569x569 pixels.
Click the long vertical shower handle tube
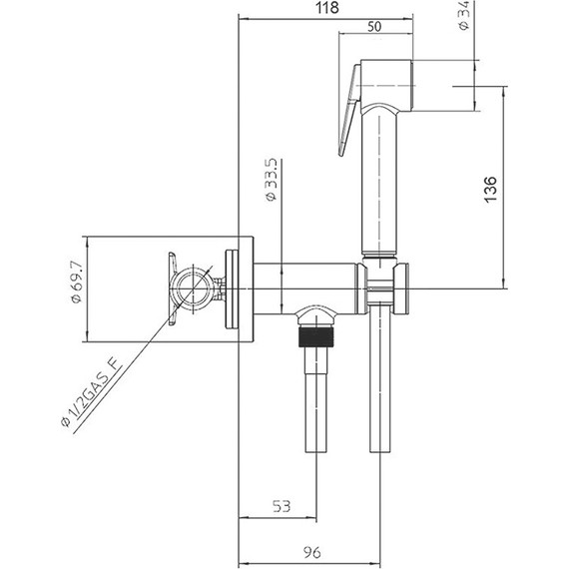tap(380, 180)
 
